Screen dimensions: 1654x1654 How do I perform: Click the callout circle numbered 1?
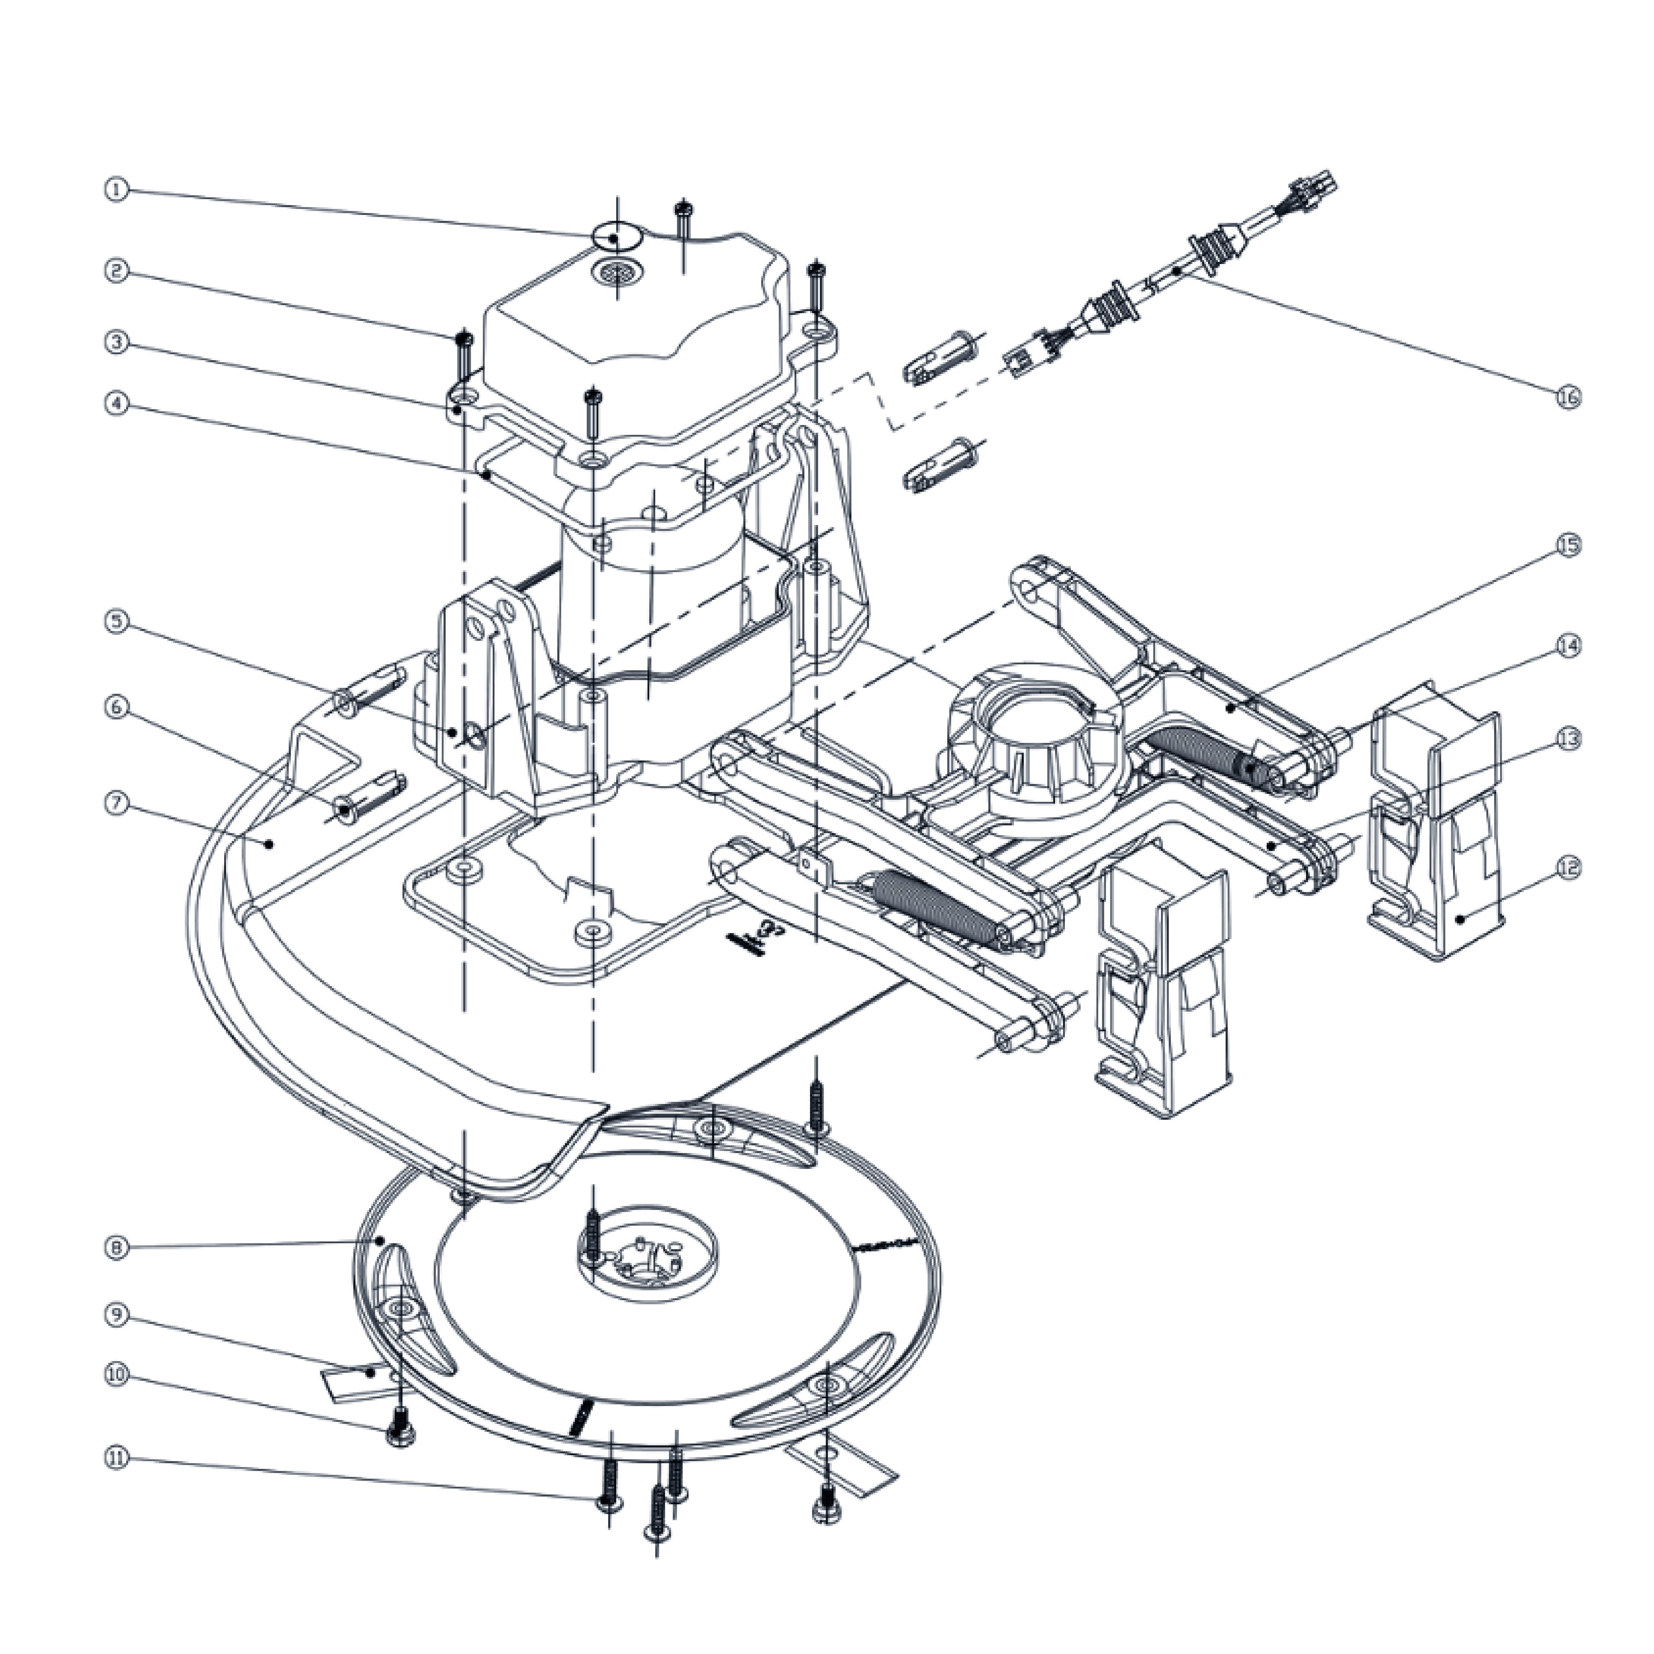pyautogui.click(x=117, y=189)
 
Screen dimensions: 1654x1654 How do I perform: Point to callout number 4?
pyautogui.click(x=117, y=403)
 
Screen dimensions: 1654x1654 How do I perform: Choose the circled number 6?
pyautogui.click(x=117, y=707)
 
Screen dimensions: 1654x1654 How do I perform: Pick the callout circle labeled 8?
pyautogui.click(x=117, y=1247)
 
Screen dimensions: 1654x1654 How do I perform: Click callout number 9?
pyautogui.click(x=117, y=1315)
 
